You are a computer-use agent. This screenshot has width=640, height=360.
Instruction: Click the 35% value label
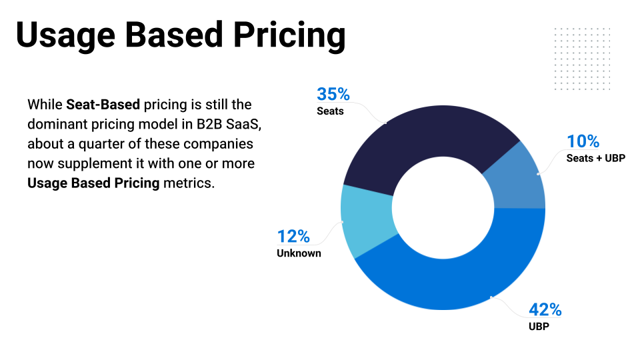333,94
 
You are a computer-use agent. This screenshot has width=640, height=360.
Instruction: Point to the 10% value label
583,141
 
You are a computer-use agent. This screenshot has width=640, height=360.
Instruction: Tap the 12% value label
293,236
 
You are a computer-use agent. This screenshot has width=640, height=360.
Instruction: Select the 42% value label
545,310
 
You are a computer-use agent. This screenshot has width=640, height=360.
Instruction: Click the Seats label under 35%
330,111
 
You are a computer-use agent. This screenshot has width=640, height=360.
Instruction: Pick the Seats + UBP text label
595,159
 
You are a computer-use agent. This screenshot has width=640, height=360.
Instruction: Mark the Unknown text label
299,253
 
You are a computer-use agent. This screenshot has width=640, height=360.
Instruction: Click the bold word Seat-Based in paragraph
103,105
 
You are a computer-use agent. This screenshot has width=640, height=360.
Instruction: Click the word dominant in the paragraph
57,125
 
